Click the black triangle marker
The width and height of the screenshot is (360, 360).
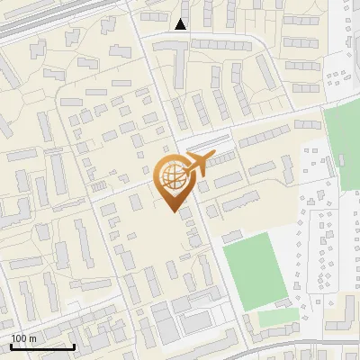click(x=182, y=24)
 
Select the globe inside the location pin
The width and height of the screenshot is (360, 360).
click(x=171, y=177)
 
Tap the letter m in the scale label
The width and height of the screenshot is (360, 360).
click(x=33, y=338)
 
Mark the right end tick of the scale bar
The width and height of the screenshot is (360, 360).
click(x=75, y=346)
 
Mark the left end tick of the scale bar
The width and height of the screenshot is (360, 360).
click(x=11, y=346)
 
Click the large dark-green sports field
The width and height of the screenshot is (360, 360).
click(x=256, y=270)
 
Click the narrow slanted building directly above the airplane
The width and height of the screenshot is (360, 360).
click(x=206, y=143)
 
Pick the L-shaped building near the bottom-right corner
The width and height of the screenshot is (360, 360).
click(x=342, y=315)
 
